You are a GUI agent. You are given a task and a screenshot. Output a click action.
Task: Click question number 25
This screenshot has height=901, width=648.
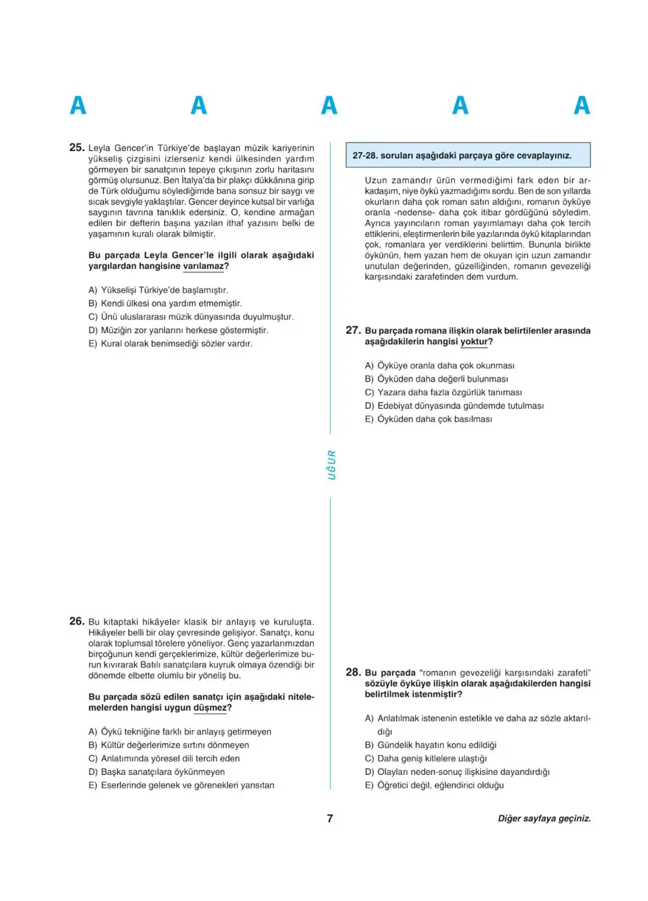coord(77,147)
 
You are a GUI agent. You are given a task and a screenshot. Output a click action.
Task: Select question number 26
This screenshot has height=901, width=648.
coord(77,621)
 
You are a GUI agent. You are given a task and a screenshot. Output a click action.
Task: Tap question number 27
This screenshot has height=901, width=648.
coord(352,331)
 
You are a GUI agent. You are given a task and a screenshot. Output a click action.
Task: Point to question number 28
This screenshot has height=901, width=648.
coord(352,672)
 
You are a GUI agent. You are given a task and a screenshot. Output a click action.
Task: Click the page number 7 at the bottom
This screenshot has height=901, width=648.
coord(331,818)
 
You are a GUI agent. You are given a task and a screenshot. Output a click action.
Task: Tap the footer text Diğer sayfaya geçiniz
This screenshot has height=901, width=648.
coord(544,818)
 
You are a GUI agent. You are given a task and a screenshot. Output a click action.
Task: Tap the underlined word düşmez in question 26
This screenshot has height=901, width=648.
coord(211,708)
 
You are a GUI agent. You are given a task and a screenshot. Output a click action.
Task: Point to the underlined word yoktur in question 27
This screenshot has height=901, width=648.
coord(476,342)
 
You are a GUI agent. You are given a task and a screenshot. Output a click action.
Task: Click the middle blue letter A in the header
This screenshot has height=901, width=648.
coord(329,106)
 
